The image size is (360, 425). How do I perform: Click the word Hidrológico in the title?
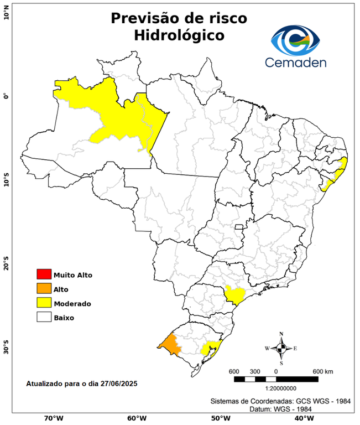(179, 35)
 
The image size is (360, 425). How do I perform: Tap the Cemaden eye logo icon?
(296, 38)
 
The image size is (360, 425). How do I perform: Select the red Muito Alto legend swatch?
(44, 274)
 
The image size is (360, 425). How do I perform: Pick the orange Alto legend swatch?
(44, 289)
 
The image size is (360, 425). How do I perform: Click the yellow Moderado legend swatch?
(44, 303)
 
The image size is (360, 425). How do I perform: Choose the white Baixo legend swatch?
(44, 318)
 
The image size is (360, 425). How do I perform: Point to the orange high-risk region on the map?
(170, 345)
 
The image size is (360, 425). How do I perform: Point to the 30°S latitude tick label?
(6, 349)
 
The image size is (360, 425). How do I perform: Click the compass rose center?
(281, 348)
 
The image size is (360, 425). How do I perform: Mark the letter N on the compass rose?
(281, 334)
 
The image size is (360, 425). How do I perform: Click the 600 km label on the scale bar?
(322, 371)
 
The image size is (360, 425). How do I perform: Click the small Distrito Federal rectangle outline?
(239, 227)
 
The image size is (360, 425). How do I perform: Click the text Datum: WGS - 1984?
(282, 409)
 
